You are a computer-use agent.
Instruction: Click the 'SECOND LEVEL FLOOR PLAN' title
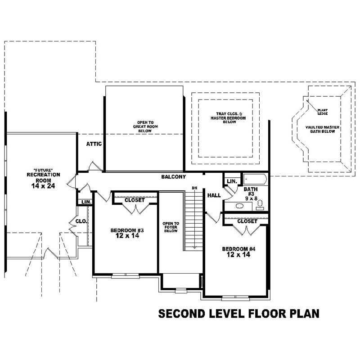click(238, 313)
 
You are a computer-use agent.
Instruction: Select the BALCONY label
click(174, 177)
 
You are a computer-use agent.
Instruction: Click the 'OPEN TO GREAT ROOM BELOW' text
click(146, 125)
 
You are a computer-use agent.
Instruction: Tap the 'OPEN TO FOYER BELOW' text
click(171, 227)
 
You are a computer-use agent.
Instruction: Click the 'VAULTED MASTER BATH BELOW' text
click(322, 130)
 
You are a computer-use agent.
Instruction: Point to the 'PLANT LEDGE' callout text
click(323, 111)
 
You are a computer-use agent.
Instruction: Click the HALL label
click(214, 195)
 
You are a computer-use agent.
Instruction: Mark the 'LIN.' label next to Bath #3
click(232, 181)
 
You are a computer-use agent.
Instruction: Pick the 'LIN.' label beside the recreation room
click(86, 202)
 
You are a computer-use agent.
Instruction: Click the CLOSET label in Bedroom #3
click(135, 200)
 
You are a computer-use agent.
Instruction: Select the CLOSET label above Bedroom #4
click(247, 221)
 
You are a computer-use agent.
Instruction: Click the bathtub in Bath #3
click(255, 180)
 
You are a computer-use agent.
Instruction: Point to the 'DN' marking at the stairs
click(194, 187)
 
